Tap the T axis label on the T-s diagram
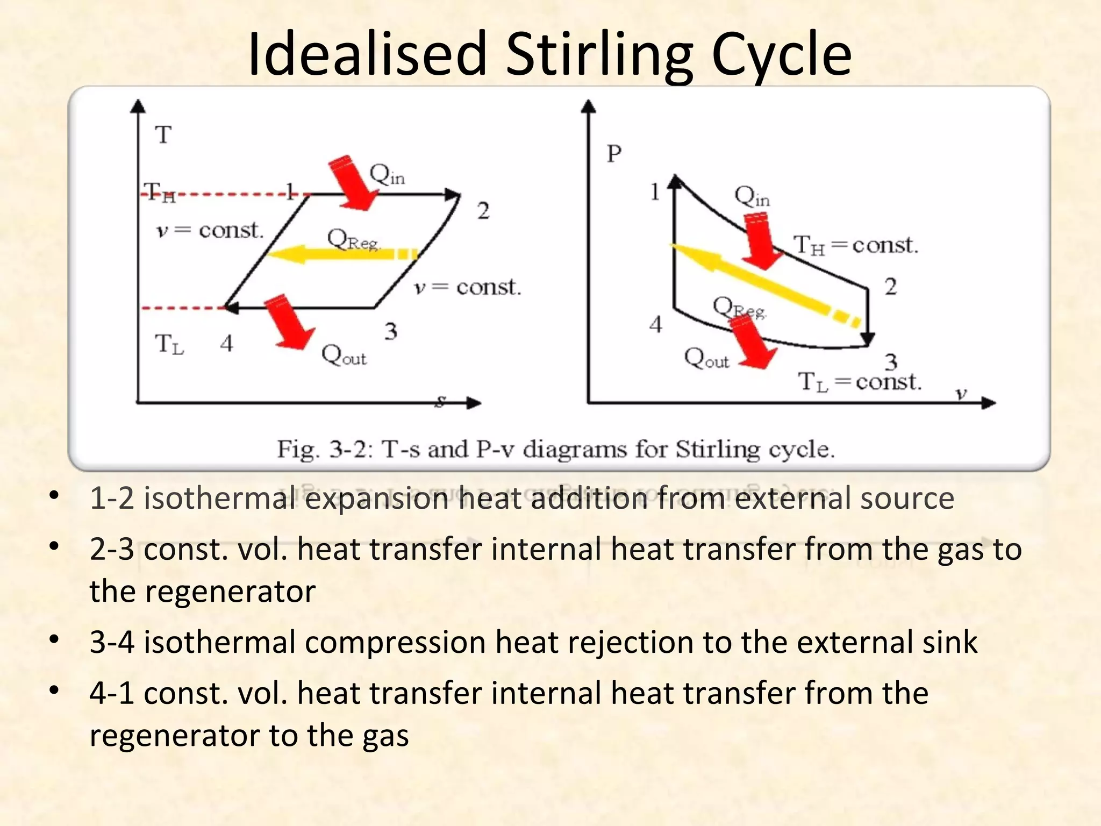point(163,134)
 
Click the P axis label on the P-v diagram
point(614,154)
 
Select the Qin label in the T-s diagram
point(387,175)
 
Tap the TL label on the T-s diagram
point(169,344)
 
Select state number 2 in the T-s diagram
point(483,211)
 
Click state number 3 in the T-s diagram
point(391,331)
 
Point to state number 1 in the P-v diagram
point(654,192)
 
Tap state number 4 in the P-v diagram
point(655,324)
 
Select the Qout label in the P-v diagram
point(706,358)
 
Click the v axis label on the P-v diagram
point(961,394)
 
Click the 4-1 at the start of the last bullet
point(112,693)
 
